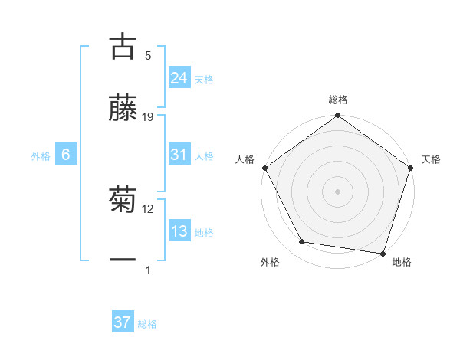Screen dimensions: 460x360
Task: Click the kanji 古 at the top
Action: (x=123, y=46)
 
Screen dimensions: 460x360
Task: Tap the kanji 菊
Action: (x=123, y=201)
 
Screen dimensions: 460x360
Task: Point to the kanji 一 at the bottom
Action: (x=123, y=260)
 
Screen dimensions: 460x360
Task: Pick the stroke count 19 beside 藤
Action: (x=149, y=116)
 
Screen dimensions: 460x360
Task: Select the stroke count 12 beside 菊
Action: (x=148, y=208)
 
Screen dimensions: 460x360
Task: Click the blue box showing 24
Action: (x=179, y=78)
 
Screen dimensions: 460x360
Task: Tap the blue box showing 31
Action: (x=179, y=155)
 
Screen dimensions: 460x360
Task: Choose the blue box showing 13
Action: (x=179, y=231)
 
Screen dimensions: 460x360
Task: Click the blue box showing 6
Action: (x=66, y=155)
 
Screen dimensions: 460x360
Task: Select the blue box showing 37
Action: (x=122, y=322)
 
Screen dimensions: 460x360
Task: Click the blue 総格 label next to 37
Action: (x=147, y=324)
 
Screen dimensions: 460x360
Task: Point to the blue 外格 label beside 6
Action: (x=41, y=156)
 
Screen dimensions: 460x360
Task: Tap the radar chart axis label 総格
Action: (x=338, y=100)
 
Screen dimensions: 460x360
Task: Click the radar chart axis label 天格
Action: (x=431, y=159)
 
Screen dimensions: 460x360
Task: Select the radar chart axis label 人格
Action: (x=245, y=159)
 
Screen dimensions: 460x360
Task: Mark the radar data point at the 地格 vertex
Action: (x=383, y=253)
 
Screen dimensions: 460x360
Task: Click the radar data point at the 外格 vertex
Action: (x=302, y=242)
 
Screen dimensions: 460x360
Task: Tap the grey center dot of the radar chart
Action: (x=337, y=191)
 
